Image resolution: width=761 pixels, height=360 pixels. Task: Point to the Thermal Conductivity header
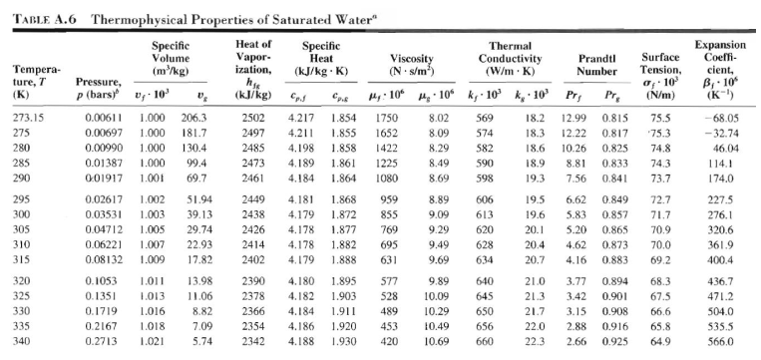pos(510,59)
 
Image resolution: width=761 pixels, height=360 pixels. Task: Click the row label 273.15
pos(28,118)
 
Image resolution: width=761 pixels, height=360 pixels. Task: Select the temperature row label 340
pos(22,342)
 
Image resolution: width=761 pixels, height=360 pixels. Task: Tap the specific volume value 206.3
pos(193,118)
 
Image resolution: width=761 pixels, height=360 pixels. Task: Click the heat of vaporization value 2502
pos(252,118)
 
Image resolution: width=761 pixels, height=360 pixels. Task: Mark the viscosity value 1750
pos(386,118)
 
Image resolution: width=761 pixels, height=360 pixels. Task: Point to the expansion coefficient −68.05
pos(718,118)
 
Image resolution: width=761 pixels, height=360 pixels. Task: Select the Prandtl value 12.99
pos(574,118)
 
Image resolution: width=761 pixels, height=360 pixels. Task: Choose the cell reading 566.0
pos(720,342)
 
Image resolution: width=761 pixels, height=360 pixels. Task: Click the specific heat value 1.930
pos(344,342)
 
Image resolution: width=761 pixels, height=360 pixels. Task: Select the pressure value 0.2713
pos(102,342)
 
